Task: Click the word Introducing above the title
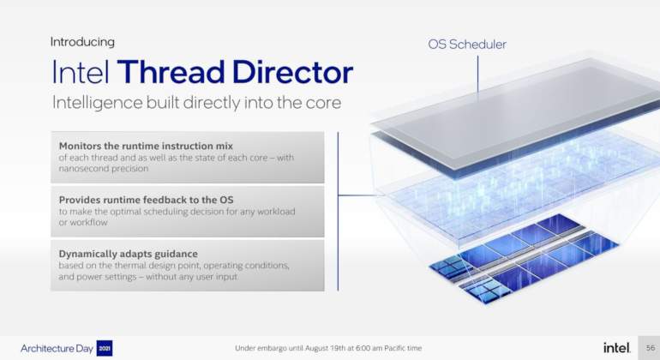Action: tap(82, 42)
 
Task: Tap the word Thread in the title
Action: tap(171, 72)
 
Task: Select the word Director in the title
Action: tap(292, 72)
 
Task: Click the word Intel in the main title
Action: tap(81, 72)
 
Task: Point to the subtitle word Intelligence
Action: tap(97, 103)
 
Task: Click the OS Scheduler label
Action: tap(467, 45)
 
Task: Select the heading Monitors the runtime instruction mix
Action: tap(146, 146)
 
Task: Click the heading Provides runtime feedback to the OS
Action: tap(146, 200)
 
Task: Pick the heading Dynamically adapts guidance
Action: tap(128, 254)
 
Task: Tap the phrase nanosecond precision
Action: tap(104, 168)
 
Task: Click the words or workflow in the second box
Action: tap(83, 222)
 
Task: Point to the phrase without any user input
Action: tap(191, 277)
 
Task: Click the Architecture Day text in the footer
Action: tap(57, 349)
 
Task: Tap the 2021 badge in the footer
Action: tap(105, 348)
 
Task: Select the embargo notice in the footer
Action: tap(328, 348)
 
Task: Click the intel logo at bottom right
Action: tap(616, 348)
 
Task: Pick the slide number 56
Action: tap(651, 348)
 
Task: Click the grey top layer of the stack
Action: tap(518, 114)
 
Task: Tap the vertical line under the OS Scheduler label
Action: tap(477, 75)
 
